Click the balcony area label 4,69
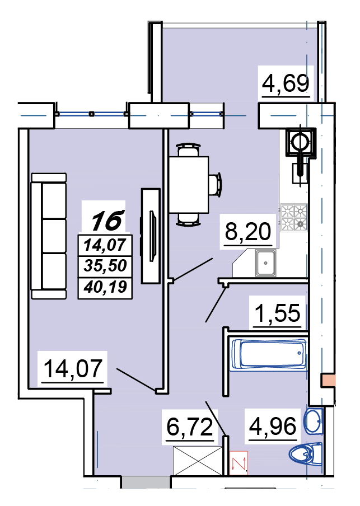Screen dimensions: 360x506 coord(286,83)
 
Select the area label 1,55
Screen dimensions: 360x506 coord(278,313)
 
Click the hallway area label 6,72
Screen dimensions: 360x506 coord(190,427)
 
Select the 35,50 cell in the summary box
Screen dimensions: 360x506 coord(105,265)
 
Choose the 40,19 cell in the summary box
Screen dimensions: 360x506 coord(105,287)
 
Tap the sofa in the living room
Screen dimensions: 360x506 coord(49,236)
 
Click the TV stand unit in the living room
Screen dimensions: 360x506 coord(151,236)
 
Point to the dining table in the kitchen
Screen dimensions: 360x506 coord(189,185)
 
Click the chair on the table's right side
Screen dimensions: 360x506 coord(216,184)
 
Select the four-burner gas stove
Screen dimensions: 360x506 coord(293,218)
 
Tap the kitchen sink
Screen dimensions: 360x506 coord(265,263)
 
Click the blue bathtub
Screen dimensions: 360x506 coord(269,354)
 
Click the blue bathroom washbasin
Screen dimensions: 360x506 coord(313,421)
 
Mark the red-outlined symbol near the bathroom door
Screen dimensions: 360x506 coord(239,463)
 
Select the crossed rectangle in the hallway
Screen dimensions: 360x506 coord(198,461)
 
